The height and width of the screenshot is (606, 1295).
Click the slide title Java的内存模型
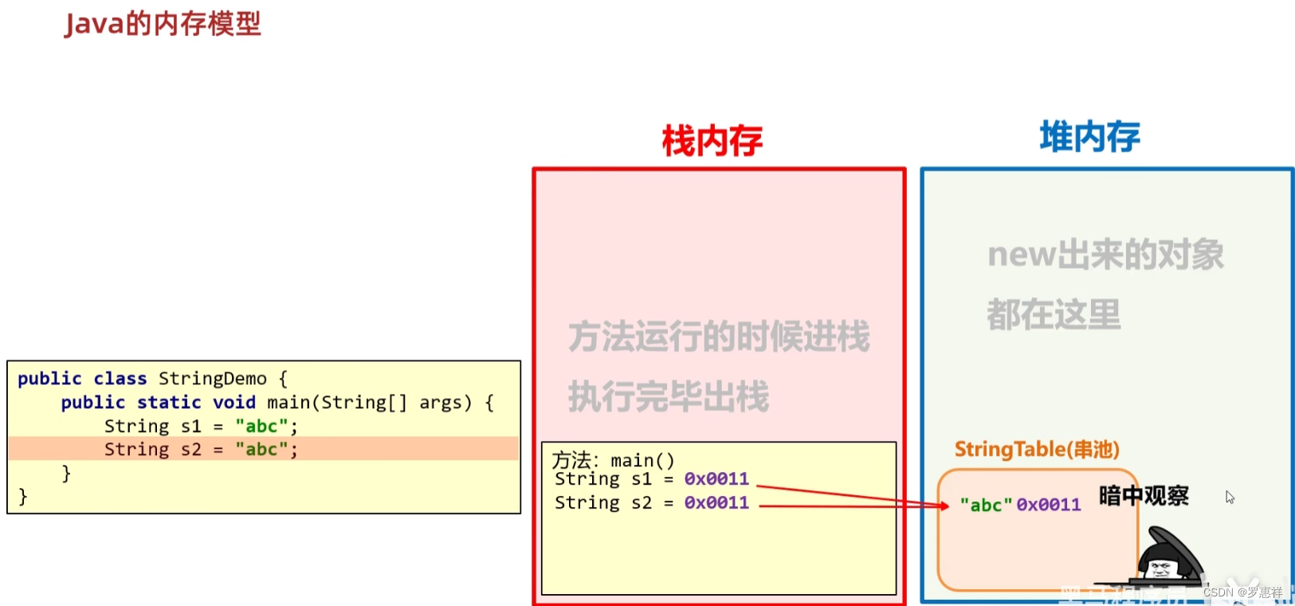[x=163, y=24]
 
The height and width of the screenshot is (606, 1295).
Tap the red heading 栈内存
[x=712, y=141]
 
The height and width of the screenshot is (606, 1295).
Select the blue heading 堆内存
[x=1089, y=137]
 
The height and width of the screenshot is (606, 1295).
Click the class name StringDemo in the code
[x=212, y=379]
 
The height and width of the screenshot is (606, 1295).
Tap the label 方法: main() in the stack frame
[x=613, y=460]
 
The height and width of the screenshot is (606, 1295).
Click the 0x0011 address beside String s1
[x=716, y=479]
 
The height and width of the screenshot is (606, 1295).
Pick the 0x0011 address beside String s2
[x=716, y=503]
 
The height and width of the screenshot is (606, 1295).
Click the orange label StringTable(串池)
[x=1036, y=450]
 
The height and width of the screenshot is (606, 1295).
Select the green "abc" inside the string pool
[x=986, y=505]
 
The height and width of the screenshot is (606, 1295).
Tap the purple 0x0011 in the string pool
[x=1049, y=505]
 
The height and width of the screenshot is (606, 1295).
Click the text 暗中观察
[x=1144, y=496]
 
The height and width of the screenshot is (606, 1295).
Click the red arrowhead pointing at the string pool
[x=944, y=506]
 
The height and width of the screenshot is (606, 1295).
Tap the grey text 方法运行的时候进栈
[x=718, y=336]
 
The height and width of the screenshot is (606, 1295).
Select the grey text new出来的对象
[x=1105, y=255]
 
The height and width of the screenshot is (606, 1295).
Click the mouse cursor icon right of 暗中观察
[x=1230, y=498]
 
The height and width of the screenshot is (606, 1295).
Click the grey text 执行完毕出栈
[x=668, y=396]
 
